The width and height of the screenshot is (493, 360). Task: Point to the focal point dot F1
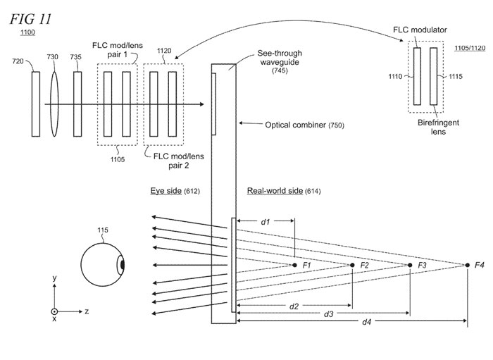coord(294,265)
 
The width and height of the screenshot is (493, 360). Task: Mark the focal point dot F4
coord(467,265)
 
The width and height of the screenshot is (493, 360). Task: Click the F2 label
coord(364,265)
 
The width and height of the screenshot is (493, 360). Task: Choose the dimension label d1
coord(266,222)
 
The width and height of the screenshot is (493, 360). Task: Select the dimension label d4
coord(367,323)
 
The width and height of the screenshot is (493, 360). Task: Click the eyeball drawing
coord(103,265)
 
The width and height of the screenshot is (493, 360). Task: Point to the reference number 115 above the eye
coord(102,230)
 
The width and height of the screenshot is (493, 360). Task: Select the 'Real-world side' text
coord(275,191)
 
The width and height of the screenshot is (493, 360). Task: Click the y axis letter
coord(54,278)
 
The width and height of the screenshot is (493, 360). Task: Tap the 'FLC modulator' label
coord(420,31)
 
